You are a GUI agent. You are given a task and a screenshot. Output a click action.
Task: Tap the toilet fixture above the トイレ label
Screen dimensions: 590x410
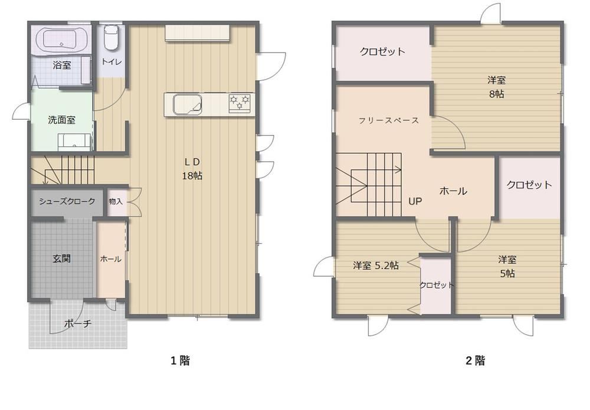[x=111, y=37]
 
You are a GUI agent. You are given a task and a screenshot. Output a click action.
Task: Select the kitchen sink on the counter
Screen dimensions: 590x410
[x=187, y=103]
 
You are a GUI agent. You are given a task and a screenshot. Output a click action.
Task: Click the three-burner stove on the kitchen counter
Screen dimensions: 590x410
[x=240, y=103]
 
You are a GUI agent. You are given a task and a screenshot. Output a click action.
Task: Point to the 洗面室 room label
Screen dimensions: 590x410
[x=62, y=120]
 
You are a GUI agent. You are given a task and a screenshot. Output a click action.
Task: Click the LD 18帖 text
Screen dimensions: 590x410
[x=192, y=169]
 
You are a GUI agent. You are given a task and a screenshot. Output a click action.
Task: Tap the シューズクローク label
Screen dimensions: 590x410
[x=67, y=202]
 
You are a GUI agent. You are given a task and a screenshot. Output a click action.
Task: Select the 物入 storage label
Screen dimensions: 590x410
[x=116, y=202]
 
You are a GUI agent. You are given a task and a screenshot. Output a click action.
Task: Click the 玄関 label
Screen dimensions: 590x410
[x=61, y=259]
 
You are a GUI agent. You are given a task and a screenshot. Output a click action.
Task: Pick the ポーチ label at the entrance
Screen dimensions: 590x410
[x=78, y=323]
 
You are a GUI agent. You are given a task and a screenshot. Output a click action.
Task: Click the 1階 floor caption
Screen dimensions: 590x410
[x=181, y=360]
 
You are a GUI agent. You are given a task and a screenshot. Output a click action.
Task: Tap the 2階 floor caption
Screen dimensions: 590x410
[x=475, y=360]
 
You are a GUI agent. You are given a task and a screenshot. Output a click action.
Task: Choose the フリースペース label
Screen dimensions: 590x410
[x=389, y=121]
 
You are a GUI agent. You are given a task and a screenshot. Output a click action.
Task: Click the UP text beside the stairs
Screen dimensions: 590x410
[x=415, y=202]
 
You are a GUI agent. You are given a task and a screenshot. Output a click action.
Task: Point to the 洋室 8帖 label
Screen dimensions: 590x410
[x=496, y=87]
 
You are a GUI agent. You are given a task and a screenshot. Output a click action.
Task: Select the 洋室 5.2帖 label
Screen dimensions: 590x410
[x=376, y=265]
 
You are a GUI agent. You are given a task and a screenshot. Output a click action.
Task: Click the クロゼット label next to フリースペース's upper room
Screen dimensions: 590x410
[x=383, y=51]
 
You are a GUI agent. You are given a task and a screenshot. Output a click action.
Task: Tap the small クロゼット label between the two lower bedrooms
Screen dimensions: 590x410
[x=437, y=285]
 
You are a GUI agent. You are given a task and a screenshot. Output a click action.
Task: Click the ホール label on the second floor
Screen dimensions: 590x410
[x=453, y=191]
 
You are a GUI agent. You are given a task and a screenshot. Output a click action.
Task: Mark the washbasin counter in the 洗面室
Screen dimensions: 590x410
[x=75, y=142]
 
